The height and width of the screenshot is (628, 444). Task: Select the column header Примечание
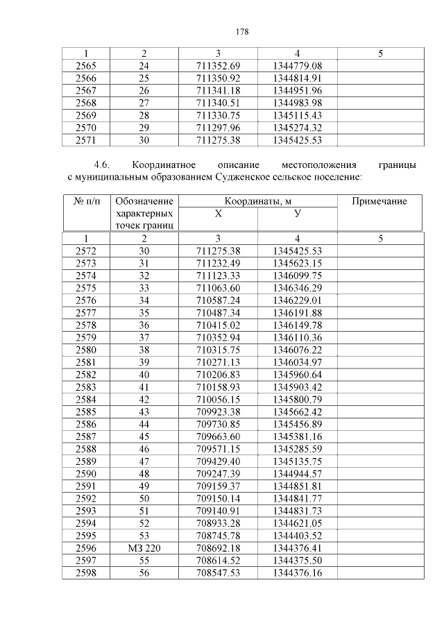click(x=379, y=201)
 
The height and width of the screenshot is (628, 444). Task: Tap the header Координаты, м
click(x=257, y=201)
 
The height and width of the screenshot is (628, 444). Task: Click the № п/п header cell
click(x=87, y=201)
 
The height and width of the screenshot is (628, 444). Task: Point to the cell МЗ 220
click(x=144, y=548)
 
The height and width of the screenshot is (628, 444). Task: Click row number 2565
click(x=87, y=65)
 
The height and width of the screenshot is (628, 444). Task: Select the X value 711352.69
click(x=218, y=65)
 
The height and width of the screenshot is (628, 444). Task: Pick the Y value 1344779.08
click(x=297, y=65)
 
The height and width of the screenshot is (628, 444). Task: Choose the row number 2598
click(x=87, y=573)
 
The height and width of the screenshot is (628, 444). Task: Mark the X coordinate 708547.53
click(x=218, y=573)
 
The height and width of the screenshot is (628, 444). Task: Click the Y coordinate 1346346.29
click(x=297, y=287)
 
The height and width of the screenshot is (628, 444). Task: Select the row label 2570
click(x=87, y=128)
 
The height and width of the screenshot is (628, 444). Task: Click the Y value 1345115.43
click(x=297, y=115)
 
